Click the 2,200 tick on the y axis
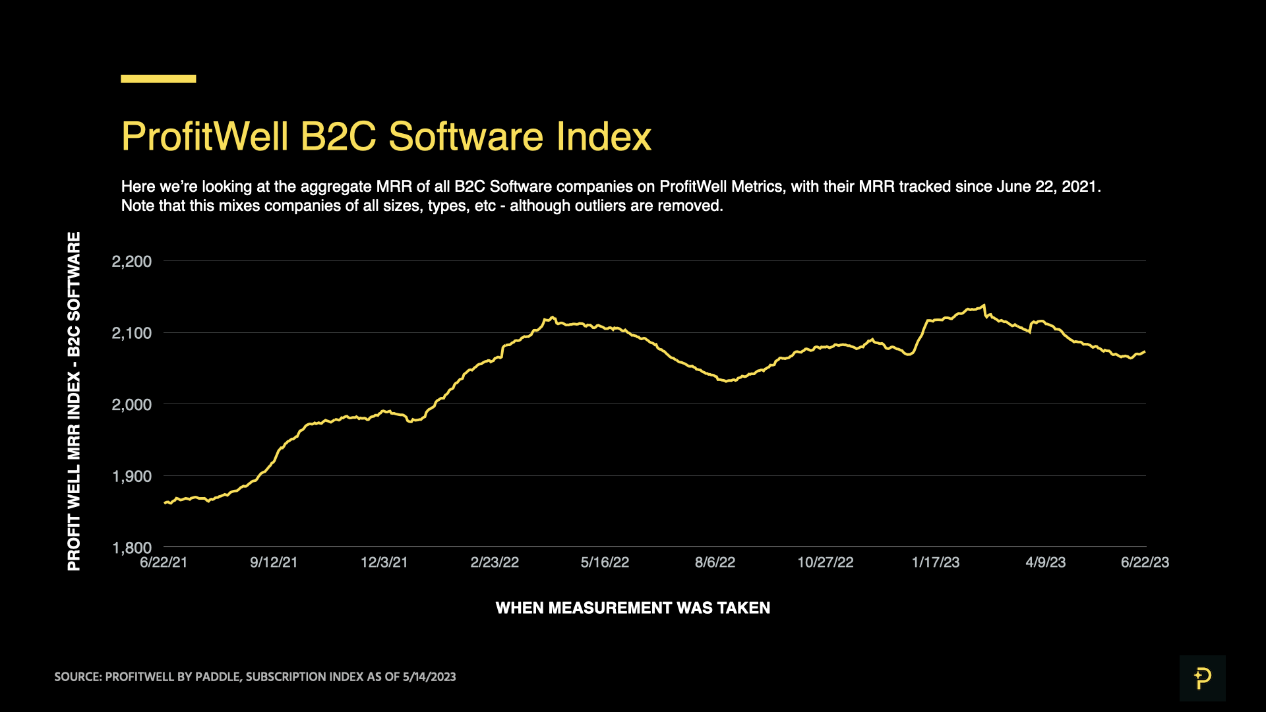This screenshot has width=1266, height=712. tap(132, 262)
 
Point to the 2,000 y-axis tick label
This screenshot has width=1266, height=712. tap(132, 405)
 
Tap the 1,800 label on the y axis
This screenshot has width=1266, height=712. tap(132, 548)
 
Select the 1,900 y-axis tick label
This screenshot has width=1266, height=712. tap(132, 477)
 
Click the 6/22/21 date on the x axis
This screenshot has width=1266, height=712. tap(164, 562)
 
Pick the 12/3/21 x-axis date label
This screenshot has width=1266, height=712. tap(384, 562)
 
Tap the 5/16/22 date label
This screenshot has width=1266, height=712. tap(605, 562)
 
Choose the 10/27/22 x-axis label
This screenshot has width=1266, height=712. tap(825, 562)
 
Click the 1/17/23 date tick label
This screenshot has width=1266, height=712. tap(935, 562)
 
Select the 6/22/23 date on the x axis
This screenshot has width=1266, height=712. tap(1145, 562)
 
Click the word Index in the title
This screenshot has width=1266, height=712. tap(603, 136)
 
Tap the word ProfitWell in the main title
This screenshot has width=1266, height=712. tap(205, 136)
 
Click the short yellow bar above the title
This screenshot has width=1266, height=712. tap(158, 78)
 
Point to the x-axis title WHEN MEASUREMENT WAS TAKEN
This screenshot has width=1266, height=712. tap(632, 608)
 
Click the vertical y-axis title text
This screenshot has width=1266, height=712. tap(74, 401)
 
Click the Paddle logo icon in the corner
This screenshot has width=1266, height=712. tap(1202, 678)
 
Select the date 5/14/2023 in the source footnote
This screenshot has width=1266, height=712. tap(429, 677)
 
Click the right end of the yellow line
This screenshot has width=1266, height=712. tap(1145, 352)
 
